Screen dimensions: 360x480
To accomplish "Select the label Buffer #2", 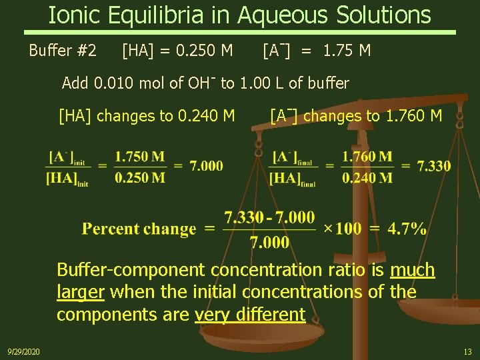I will point(63,50).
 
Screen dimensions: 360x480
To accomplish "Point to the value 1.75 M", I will point(347,50).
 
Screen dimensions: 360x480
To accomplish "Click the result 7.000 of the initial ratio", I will point(206,166).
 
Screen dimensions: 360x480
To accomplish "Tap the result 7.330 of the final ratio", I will point(433,166).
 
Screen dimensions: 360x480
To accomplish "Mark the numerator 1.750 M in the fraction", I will point(139,157).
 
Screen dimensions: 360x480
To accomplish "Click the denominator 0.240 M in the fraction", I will point(367,177).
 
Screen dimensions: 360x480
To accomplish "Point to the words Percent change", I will point(139,229).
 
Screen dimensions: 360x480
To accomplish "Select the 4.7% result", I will point(407,229).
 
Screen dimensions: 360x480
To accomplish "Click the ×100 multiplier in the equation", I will point(342,229).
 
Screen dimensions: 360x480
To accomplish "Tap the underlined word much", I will point(412,270).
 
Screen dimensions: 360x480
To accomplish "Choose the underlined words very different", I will point(249,314).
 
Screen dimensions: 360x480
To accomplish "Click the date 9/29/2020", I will point(23,351).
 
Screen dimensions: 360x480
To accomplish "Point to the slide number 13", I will point(467,351).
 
